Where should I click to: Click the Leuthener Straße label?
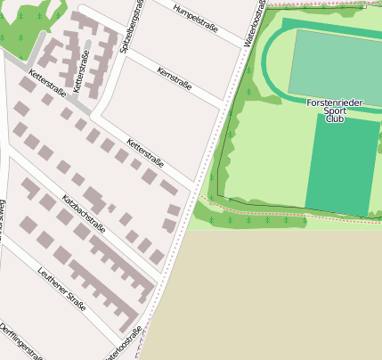click(x=62, y=288)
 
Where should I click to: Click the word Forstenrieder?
click(x=335, y=102)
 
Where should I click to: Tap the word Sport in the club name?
click(x=335, y=110)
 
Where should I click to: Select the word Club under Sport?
click(x=335, y=119)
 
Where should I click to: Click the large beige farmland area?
click(x=267, y=294)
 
